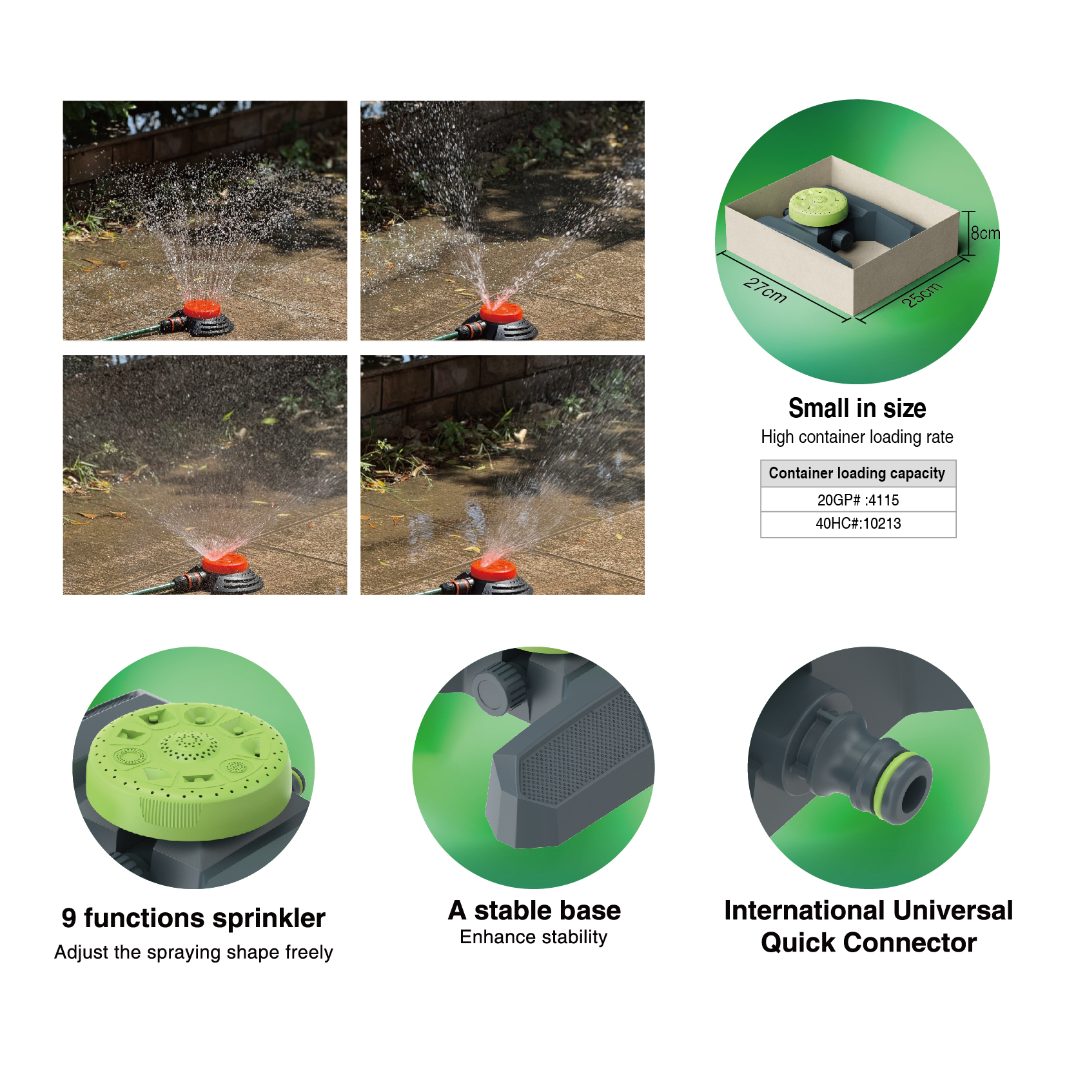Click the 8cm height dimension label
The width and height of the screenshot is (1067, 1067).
tap(985, 233)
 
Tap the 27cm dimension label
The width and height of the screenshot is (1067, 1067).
tap(765, 290)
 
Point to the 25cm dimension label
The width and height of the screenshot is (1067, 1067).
tap(922, 295)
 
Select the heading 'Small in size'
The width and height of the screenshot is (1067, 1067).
tap(857, 408)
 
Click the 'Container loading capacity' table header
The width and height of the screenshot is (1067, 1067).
tap(857, 473)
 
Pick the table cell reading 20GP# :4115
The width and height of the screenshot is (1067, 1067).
tap(857, 500)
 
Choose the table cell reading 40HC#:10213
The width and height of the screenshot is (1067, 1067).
tap(857, 524)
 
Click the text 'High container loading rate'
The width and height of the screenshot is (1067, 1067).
tap(857, 437)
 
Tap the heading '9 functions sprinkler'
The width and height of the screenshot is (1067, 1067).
tap(193, 918)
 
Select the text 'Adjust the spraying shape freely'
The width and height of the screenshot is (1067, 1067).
tap(193, 952)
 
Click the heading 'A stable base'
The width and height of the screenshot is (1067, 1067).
tap(534, 910)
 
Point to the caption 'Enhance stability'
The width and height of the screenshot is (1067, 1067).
tap(534, 937)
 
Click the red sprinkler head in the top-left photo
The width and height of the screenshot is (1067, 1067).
tap(202, 309)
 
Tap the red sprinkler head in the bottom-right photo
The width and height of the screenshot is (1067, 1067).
tap(494, 569)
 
